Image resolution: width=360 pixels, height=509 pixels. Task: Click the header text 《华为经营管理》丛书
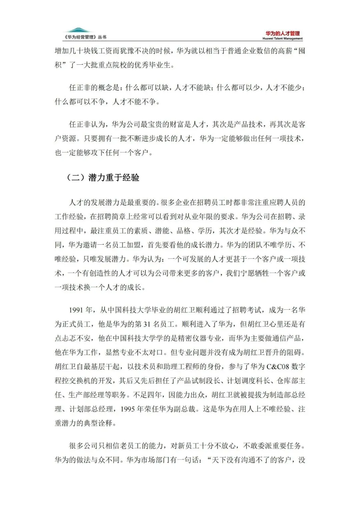(85, 37)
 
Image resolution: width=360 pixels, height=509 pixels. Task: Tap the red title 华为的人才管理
(282, 33)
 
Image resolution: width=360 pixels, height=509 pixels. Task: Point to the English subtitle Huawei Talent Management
(282, 39)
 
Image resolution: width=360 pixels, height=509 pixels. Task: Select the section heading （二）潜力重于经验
(103, 178)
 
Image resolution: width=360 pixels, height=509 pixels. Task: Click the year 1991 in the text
(76, 310)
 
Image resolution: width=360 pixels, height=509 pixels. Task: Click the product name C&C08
(278, 367)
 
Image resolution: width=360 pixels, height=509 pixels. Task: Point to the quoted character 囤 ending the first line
(302, 51)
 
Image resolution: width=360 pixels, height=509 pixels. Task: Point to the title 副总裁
(184, 409)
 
